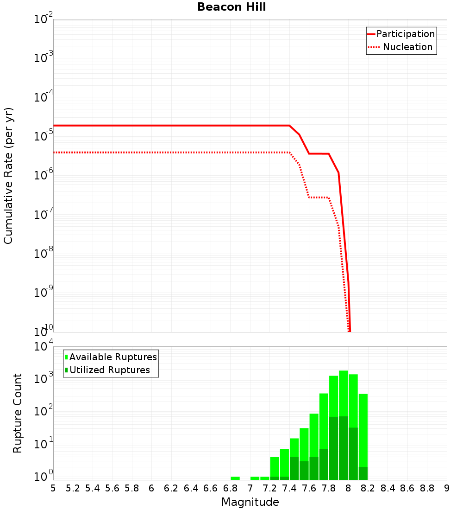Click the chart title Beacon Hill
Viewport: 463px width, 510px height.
click(x=231, y=7)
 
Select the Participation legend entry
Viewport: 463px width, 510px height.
click(x=406, y=34)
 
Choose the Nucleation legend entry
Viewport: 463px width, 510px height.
click(x=407, y=47)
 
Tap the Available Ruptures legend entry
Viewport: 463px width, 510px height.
click(x=113, y=357)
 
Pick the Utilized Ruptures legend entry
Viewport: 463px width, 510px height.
click(x=109, y=370)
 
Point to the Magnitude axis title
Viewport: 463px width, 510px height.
click(x=250, y=502)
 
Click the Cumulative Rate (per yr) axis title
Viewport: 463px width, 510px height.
click(x=9, y=176)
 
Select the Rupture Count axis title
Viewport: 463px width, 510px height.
click(x=18, y=413)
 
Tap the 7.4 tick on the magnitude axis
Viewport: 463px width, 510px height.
click(x=289, y=488)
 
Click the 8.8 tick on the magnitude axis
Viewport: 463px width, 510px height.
click(x=427, y=488)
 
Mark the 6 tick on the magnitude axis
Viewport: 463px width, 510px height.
click(x=151, y=488)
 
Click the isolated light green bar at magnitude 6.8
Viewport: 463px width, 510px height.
click(x=235, y=478)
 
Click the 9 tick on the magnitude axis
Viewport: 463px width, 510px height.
click(x=447, y=488)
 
